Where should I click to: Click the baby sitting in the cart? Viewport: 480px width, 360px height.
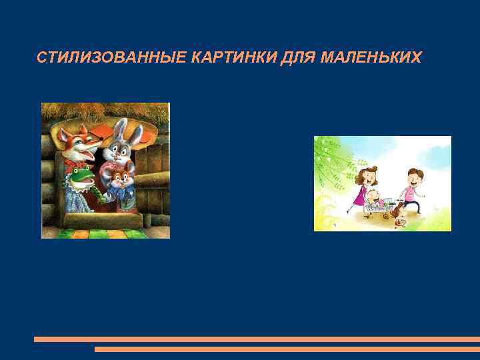(x=374, y=199)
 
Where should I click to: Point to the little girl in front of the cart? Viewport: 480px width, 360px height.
(x=399, y=215)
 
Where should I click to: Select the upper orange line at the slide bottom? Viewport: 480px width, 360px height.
(x=257, y=339)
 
